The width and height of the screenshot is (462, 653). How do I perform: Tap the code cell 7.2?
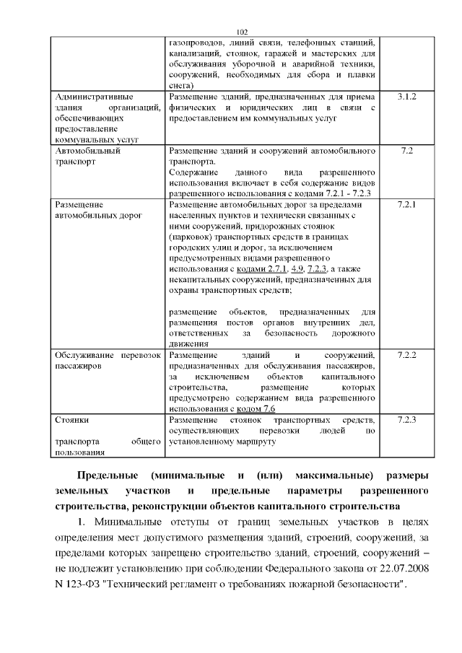pyautogui.click(x=406, y=152)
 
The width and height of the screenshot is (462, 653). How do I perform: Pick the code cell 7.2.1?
pyautogui.click(x=406, y=206)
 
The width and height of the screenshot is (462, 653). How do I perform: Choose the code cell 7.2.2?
pyautogui.click(x=406, y=356)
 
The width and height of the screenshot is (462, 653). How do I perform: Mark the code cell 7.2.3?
pyautogui.click(x=406, y=419)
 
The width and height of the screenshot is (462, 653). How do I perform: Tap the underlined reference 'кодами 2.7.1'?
pyautogui.click(x=247, y=269)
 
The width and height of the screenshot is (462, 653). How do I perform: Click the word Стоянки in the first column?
pyautogui.click(x=72, y=419)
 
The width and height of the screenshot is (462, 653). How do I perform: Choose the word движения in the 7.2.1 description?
pyautogui.click(x=188, y=344)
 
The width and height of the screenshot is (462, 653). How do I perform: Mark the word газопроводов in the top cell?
pyautogui.click(x=197, y=43)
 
